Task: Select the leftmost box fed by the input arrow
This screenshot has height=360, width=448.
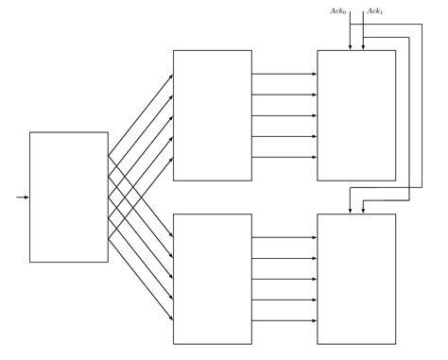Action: click(69, 197)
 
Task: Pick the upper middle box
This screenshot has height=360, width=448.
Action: click(213, 115)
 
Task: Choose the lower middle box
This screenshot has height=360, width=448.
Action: click(213, 279)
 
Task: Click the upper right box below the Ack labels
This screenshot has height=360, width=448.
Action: click(356, 115)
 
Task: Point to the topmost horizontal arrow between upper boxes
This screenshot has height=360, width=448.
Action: click(284, 74)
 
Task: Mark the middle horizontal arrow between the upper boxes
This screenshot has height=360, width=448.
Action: click(284, 115)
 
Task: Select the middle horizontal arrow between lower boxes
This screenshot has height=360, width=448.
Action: click(284, 279)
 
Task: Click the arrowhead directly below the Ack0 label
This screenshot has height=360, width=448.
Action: click(351, 46)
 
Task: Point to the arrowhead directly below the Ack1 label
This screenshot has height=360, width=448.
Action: click(364, 46)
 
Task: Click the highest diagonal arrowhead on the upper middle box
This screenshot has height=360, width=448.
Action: click(171, 76)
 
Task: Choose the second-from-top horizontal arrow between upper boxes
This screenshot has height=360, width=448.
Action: click(284, 94)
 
